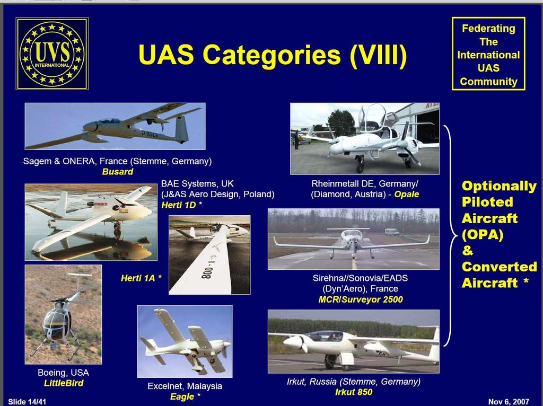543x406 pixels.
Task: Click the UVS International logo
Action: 52,54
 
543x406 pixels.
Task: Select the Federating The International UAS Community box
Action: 488,54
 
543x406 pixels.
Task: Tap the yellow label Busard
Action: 117,172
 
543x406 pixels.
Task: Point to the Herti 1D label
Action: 179,205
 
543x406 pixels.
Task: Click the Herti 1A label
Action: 138,278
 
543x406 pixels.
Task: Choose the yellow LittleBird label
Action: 64,383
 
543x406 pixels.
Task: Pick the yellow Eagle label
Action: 182,396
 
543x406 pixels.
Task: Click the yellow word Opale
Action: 407,195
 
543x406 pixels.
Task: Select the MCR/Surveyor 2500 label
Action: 361,299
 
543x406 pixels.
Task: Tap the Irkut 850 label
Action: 354,392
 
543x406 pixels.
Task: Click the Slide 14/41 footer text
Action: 27,402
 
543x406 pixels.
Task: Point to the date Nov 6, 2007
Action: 509,402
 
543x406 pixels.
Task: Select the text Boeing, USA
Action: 64,373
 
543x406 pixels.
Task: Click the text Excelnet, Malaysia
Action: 185,386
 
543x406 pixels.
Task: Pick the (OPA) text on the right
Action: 483,235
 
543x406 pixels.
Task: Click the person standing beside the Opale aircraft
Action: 296,140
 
